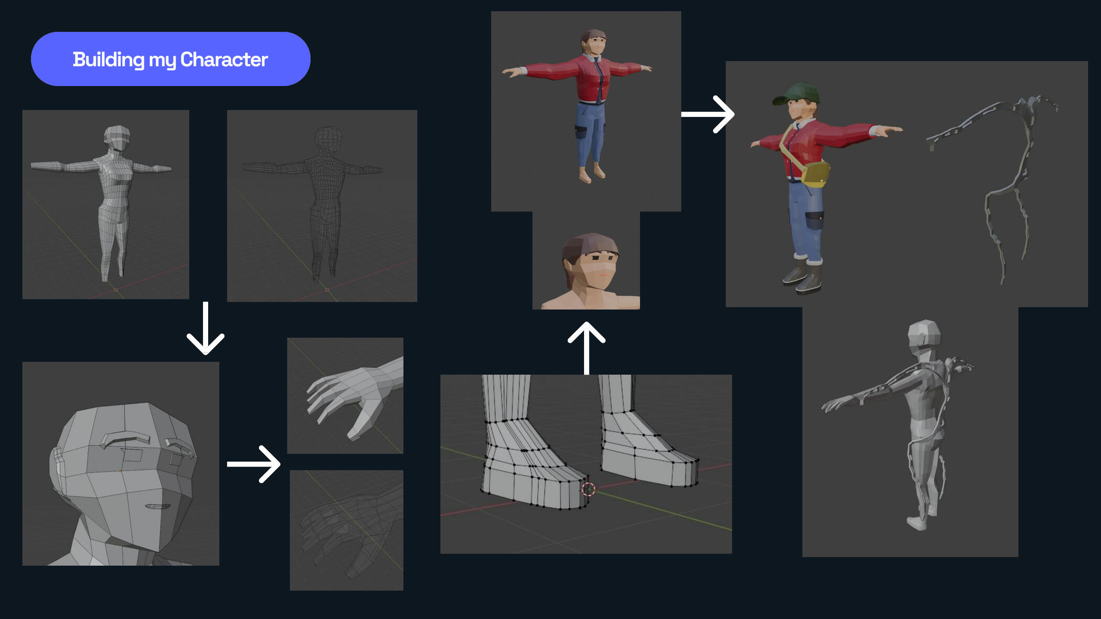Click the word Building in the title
pos(109,60)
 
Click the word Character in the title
pos(224,59)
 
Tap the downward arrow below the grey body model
pos(206,328)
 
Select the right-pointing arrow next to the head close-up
pos(254,464)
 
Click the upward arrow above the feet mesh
pos(587,348)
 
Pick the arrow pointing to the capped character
pos(708,114)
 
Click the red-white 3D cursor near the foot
pos(588,489)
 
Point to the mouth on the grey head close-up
pos(157,507)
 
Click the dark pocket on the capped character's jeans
pos(814,220)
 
